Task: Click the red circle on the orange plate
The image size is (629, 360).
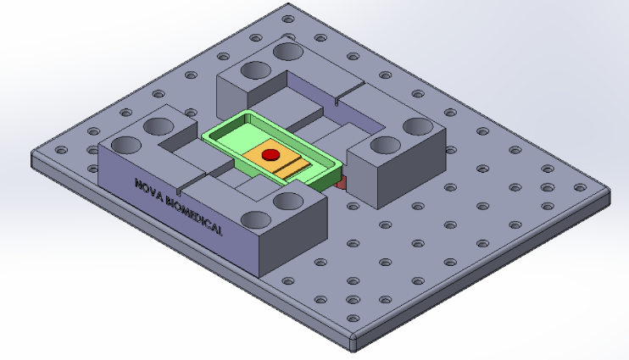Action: pyautogui.click(x=270, y=155)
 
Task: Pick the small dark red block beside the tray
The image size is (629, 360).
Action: pyautogui.click(x=341, y=182)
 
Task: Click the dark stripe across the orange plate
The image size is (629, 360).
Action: pyautogui.click(x=288, y=166)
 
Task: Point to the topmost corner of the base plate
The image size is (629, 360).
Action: pyautogui.click(x=285, y=7)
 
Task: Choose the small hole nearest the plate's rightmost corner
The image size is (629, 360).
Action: pyautogui.click(x=579, y=188)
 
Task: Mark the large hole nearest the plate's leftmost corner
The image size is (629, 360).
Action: pyautogui.click(x=125, y=145)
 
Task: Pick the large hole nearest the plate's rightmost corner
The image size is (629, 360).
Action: pyautogui.click(x=417, y=127)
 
